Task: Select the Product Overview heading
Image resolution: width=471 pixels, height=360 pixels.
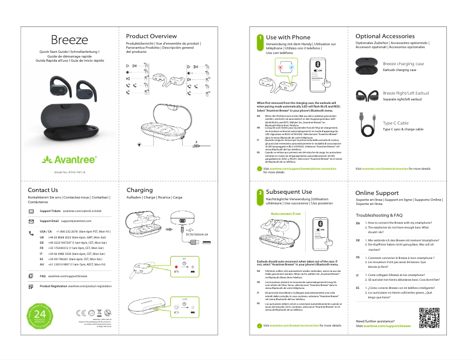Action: click(x=152, y=36)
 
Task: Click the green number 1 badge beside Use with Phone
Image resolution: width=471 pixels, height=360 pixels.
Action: click(x=260, y=38)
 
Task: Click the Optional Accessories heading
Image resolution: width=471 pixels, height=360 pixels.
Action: click(x=385, y=36)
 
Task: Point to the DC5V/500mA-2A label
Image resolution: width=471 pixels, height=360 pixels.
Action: click(x=197, y=234)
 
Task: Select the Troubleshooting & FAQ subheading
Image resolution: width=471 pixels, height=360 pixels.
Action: click(x=379, y=216)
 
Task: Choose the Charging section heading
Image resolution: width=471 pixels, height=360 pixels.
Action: click(x=139, y=190)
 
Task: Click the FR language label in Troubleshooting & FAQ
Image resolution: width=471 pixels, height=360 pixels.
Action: click(x=358, y=257)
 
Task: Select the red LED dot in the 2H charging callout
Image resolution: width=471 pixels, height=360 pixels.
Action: click(x=176, y=272)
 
